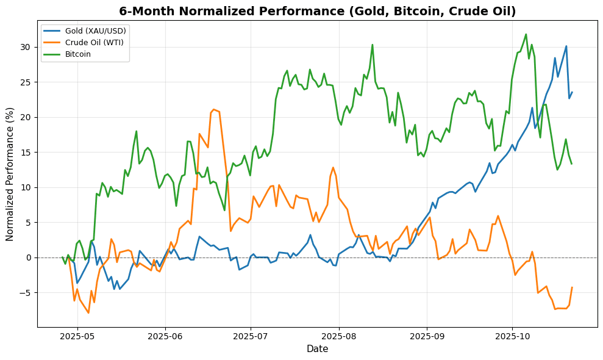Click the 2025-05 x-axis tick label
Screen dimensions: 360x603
pyautogui.click(x=77, y=336)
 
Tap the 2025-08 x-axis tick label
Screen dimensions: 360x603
pyautogui.click(x=338, y=336)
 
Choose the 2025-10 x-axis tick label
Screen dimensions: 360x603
pyautogui.click(x=512, y=336)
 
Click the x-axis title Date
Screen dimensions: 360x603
pyautogui.click(x=317, y=349)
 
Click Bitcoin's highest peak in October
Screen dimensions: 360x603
pyautogui.click(x=526, y=34)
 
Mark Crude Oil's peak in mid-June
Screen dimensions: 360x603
pyautogui.click(x=213, y=109)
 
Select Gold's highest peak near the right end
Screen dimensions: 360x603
pyautogui.click(x=566, y=46)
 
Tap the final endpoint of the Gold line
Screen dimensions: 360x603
pyautogui.click(x=572, y=92)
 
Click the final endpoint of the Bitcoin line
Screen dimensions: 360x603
pyautogui.click(x=571, y=164)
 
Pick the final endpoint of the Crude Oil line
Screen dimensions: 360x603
pyautogui.click(x=572, y=287)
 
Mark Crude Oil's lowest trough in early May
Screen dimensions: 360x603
pyautogui.click(x=88, y=313)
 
